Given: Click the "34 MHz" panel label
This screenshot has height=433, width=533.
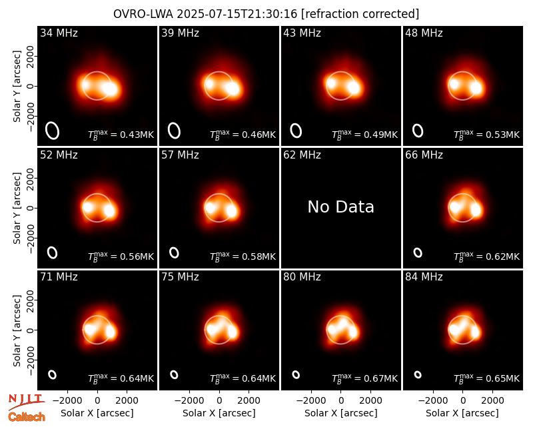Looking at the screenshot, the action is pyautogui.click(x=59, y=33).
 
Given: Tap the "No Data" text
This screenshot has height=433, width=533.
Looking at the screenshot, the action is pyautogui.click(x=340, y=207).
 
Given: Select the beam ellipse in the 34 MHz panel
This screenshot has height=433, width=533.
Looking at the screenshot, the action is pyautogui.click(x=53, y=131).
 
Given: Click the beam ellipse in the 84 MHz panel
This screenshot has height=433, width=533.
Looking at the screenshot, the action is pyautogui.click(x=418, y=374).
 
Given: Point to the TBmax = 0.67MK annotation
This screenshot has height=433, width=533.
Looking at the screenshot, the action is pyautogui.click(x=364, y=378).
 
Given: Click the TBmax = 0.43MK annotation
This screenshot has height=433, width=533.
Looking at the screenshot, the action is pyautogui.click(x=121, y=135).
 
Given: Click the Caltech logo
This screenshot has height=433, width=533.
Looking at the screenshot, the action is pyautogui.click(x=27, y=417).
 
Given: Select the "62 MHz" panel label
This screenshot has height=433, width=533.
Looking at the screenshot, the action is pyautogui.click(x=302, y=155).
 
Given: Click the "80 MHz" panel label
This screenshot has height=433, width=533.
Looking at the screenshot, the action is pyautogui.click(x=302, y=277).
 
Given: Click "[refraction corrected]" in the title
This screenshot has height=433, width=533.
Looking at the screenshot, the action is pyautogui.click(x=360, y=14).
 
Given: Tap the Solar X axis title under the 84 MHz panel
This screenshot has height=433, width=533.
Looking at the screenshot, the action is pyautogui.click(x=462, y=413).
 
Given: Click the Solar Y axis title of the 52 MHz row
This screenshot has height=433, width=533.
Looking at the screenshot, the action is pyautogui.click(x=17, y=208).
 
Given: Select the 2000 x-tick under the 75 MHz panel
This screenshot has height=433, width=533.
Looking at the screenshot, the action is pyautogui.click(x=249, y=401).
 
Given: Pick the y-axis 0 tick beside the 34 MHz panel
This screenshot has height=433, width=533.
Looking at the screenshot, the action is pyautogui.click(x=31, y=86).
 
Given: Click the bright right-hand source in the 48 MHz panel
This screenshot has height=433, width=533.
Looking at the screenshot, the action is pyautogui.click(x=476, y=88).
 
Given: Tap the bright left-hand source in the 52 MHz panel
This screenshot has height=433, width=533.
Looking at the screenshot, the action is pyautogui.click(x=88, y=207).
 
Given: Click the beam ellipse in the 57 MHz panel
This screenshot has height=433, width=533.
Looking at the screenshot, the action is pyautogui.click(x=174, y=252).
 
